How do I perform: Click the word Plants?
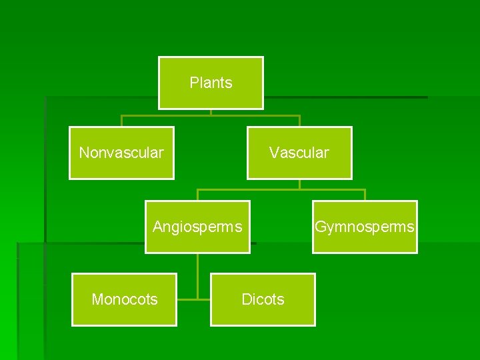(211, 83)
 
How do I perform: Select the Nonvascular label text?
(121, 153)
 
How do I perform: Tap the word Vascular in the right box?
(299, 153)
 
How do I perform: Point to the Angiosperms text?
(197, 227)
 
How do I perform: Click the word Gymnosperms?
(365, 227)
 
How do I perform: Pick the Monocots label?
(125, 300)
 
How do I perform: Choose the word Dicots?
(263, 300)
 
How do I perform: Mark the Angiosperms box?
(197, 241)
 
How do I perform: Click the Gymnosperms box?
(365, 241)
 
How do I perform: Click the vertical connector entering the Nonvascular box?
(121, 121)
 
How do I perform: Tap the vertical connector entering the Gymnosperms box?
(365, 195)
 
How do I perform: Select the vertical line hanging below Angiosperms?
(197, 273)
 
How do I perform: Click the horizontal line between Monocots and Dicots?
(193, 299)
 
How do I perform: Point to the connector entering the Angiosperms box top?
(197, 195)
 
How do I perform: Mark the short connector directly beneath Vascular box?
(299, 184)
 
